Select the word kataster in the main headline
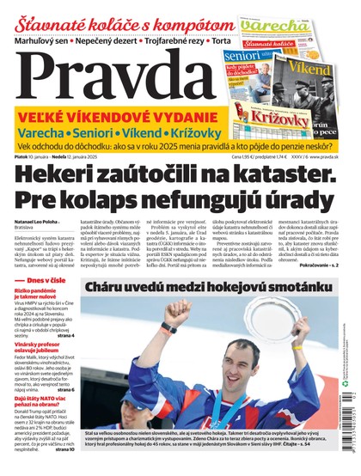coord(283,176)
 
